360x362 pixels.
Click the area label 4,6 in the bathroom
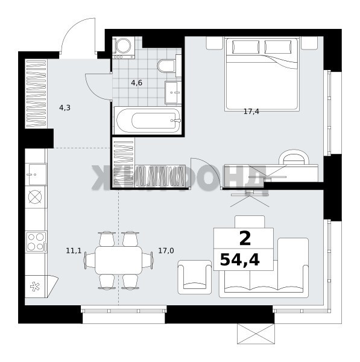[137, 83]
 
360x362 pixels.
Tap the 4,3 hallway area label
[65, 107]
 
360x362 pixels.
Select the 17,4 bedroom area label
[251, 112]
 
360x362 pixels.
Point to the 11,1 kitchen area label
[74, 250]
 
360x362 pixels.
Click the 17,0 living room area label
[166, 250]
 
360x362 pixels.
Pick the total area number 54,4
[240, 259]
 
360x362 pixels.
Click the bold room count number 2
[245, 239]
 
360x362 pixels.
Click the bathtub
[148, 121]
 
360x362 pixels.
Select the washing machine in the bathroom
[123, 48]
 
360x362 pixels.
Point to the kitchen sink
[36, 174]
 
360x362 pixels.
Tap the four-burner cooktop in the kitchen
[36, 242]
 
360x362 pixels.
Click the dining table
[119, 260]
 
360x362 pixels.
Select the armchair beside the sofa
[195, 277]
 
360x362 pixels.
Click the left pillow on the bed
[245, 47]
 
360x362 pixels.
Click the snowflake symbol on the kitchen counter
[35, 287]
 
